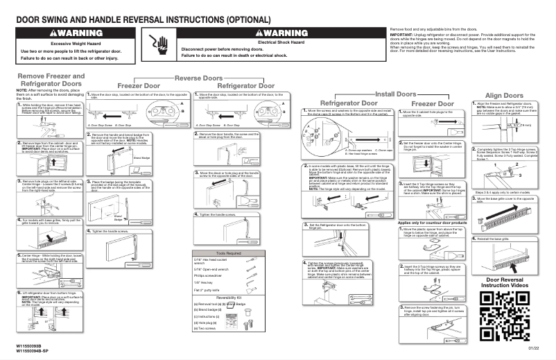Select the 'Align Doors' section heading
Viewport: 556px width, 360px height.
tap(503, 95)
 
